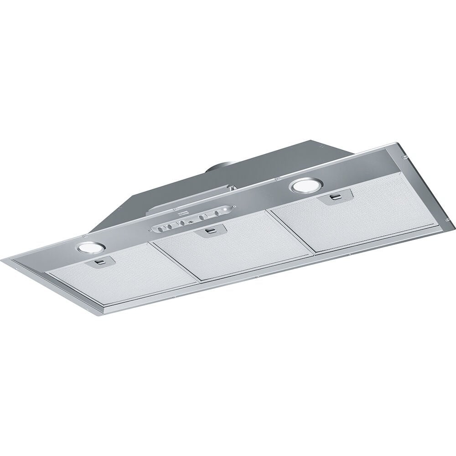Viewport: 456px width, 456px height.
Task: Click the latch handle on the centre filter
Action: (x=211, y=231)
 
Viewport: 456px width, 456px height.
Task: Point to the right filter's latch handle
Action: (x=336, y=197)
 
